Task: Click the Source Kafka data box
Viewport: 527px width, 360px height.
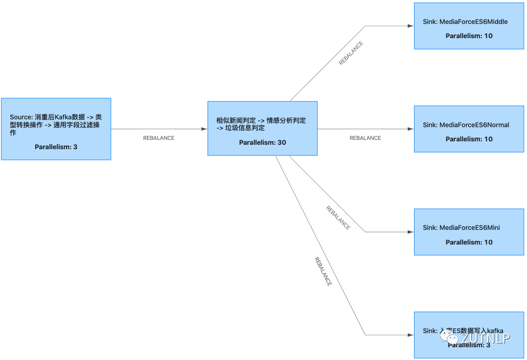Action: (56, 128)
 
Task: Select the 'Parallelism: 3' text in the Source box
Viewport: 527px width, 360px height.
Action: (56, 147)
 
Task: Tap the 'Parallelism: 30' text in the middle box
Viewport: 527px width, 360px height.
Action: (263, 142)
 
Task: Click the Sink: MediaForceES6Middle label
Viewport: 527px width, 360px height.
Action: (465, 22)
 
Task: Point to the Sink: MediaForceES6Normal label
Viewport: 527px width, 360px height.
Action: (466, 125)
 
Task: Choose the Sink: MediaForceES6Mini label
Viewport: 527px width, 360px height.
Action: (461, 227)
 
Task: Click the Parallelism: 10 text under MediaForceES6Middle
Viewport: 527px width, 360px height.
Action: (469, 36)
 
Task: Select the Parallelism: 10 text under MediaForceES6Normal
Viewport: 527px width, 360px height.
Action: (469, 139)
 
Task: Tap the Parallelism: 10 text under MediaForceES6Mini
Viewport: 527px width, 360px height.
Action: (469, 242)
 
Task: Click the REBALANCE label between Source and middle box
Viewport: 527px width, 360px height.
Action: (158, 138)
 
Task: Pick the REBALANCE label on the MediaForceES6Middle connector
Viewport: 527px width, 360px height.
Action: (351, 53)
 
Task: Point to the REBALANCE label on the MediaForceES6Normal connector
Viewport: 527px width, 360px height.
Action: (365, 138)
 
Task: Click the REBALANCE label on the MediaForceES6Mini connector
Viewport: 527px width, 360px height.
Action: (338, 218)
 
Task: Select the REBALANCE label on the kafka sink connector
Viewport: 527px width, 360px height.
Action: (323, 271)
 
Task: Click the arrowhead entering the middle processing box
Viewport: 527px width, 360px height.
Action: (204, 129)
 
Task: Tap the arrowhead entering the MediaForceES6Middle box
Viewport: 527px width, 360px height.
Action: (411, 26)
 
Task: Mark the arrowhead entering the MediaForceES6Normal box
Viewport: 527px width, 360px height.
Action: (411, 129)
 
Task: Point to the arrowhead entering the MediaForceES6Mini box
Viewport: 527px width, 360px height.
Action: (411, 232)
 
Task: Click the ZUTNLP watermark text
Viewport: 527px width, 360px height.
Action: (485, 338)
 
